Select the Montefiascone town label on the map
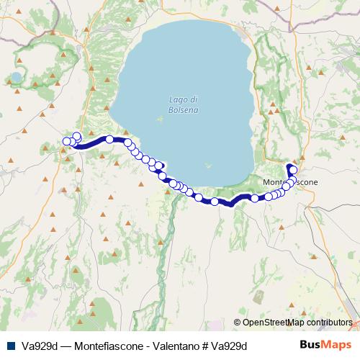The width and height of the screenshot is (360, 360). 290,182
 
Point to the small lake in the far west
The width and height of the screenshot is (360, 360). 16,77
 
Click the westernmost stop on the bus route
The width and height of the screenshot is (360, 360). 67,141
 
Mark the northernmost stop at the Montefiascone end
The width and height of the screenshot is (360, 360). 293,170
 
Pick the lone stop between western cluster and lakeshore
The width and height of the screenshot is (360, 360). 109,140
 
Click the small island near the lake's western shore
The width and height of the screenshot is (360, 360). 159,119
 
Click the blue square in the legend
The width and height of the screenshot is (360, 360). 8,346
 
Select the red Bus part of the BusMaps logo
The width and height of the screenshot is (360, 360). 310,345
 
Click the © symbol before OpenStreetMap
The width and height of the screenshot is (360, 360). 237,323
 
